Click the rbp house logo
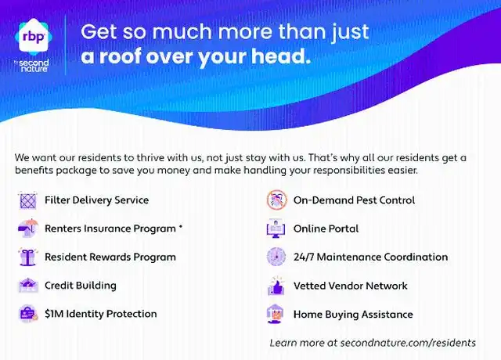click(x=34, y=36)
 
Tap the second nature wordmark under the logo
click(x=34, y=66)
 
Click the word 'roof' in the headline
click(x=120, y=56)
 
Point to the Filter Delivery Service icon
click(x=28, y=200)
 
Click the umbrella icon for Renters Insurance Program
click(x=28, y=228)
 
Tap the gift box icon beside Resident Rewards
click(x=28, y=257)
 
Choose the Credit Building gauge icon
click(x=28, y=285)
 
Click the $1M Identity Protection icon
click(x=28, y=314)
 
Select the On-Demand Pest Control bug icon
click(x=276, y=200)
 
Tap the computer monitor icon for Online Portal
click(x=276, y=229)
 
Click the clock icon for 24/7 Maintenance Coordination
click(x=276, y=257)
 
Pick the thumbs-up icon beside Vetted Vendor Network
click(x=276, y=286)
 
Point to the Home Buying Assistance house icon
click(x=276, y=314)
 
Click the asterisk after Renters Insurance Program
click(x=181, y=227)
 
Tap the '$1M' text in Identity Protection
click(x=54, y=314)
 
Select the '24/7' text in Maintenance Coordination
click(x=304, y=257)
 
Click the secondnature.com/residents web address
click(x=408, y=343)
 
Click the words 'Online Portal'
click(x=326, y=229)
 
